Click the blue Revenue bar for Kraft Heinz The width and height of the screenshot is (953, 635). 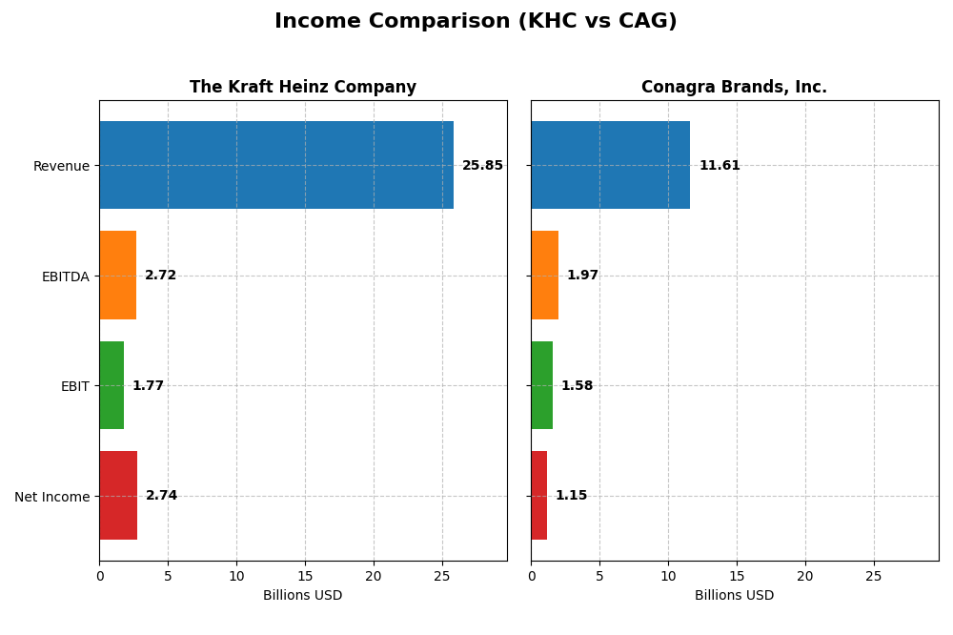276,165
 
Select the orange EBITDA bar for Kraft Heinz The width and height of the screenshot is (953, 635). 117,276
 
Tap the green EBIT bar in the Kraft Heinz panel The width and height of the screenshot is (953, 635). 112,385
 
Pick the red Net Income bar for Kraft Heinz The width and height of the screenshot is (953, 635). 118,496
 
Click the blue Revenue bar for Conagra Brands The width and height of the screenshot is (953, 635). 610,165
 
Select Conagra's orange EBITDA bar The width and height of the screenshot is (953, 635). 544,276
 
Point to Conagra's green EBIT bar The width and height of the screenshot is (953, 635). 541,385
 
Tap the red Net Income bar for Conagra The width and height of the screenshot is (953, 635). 538,496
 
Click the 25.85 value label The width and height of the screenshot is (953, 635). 482,166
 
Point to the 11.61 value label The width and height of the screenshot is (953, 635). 720,166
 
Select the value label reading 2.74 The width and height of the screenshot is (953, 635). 161,496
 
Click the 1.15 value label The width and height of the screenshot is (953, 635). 571,496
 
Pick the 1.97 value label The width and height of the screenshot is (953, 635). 582,276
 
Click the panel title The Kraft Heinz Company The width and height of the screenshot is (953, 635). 303,88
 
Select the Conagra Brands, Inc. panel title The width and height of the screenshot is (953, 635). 734,88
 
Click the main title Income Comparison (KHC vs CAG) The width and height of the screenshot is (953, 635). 476,22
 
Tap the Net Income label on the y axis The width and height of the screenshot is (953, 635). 51,497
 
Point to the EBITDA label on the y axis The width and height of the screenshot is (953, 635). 65,277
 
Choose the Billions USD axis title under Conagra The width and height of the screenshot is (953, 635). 734,596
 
